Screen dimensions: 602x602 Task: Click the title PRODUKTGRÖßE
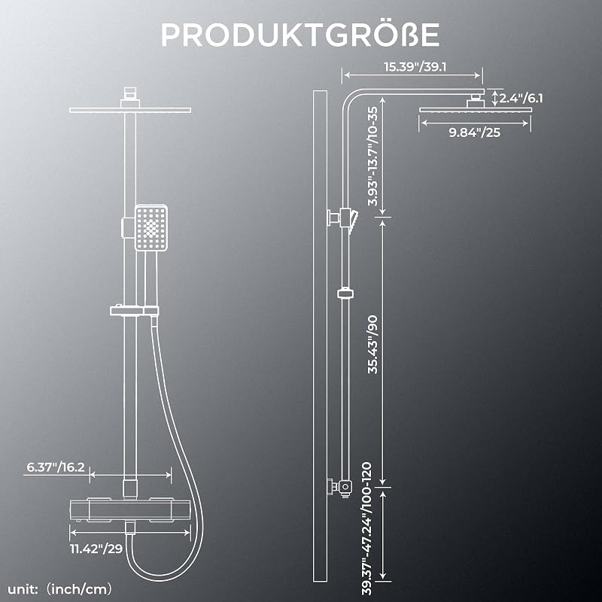(x=300, y=34)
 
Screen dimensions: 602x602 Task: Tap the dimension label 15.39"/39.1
(x=415, y=67)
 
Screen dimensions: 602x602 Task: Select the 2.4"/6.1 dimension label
(x=521, y=98)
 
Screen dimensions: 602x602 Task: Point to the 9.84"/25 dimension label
(x=475, y=132)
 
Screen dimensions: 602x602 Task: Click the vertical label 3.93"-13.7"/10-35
(x=372, y=156)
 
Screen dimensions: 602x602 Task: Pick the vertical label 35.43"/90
(x=372, y=345)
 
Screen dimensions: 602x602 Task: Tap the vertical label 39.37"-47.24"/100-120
(x=367, y=528)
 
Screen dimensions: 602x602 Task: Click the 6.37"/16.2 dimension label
(x=55, y=467)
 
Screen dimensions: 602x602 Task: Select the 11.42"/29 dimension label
(x=96, y=549)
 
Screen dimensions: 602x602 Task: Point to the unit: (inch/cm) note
(x=60, y=588)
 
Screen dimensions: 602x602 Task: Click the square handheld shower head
(x=151, y=228)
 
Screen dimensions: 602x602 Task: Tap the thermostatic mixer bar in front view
(x=130, y=510)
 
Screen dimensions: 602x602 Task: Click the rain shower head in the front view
(x=130, y=110)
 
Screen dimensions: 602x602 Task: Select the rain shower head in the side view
(x=476, y=109)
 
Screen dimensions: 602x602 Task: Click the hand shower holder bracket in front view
(x=134, y=310)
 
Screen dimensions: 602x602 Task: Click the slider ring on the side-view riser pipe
(x=345, y=293)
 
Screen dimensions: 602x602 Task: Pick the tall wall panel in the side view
(x=321, y=336)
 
